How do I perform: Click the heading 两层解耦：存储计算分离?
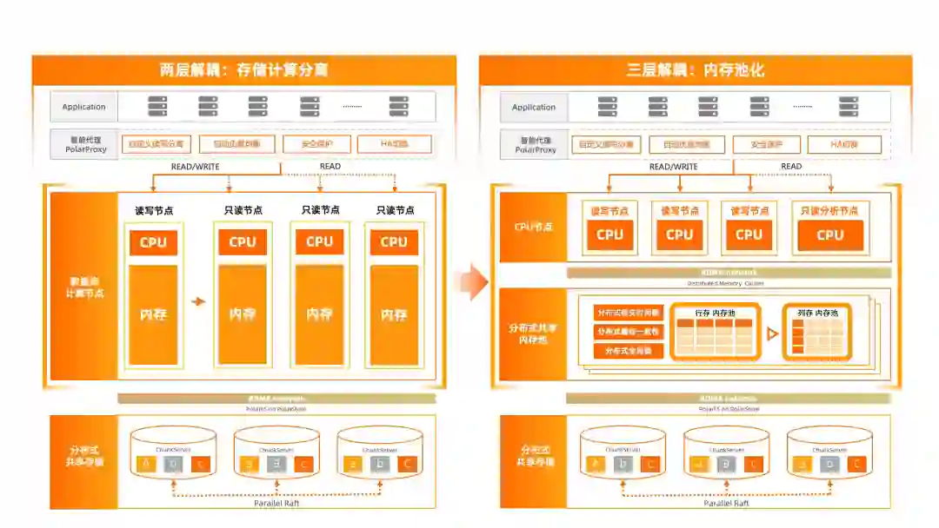pos(244,70)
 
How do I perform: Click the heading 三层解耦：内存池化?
pos(695,70)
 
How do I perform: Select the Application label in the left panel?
pos(83,107)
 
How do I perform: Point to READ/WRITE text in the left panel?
pos(195,167)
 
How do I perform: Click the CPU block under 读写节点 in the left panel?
pos(153,242)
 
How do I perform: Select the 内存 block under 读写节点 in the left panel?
pos(153,314)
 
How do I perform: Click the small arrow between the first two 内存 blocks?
pos(198,301)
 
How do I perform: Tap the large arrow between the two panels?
pos(471,282)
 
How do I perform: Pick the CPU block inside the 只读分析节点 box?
pos(829,234)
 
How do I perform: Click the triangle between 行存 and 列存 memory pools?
pos(771,333)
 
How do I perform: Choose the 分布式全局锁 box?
pos(629,352)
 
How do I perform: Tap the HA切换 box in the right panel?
pos(843,144)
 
